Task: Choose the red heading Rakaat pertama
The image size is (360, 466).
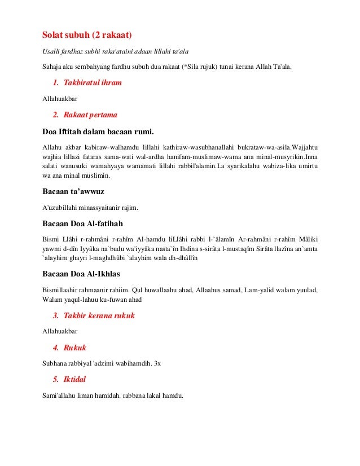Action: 90,115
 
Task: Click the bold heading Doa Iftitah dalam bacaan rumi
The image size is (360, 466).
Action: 98,132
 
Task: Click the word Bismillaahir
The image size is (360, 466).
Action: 62,290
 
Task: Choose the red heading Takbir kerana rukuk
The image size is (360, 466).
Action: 99,315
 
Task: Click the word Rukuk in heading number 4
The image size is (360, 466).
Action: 75,348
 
